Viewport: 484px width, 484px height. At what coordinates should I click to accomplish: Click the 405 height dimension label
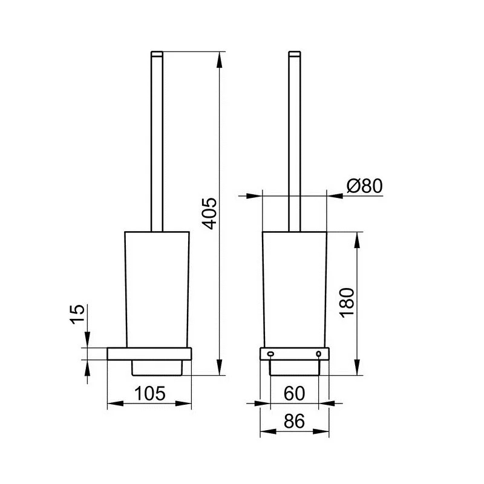pyautogui.click(x=209, y=214)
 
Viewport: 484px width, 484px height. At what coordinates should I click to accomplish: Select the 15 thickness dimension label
pyautogui.click(x=77, y=314)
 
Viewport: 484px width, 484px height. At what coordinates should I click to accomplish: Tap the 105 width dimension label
pyautogui.click(x=149, y=393)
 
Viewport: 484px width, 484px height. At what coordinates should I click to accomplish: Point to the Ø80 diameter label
pyautogui.click(x=365, y=186)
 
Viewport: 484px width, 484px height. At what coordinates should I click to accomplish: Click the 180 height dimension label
pyautogui.click(x=347, y=302)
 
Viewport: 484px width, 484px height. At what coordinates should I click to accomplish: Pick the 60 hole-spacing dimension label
pyautogui.click(x=294, y=393)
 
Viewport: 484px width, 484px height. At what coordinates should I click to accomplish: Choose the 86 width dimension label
pyautogui.click(x=294, y=420)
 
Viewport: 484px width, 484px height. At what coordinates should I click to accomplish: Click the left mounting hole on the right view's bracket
pyautogui.click(x=270, y=354)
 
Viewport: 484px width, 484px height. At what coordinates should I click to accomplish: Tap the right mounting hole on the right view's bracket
pyautogui.click(x=319, y=354)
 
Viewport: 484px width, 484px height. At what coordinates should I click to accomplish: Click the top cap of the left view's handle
pyautogui.click(x=157, y=54)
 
